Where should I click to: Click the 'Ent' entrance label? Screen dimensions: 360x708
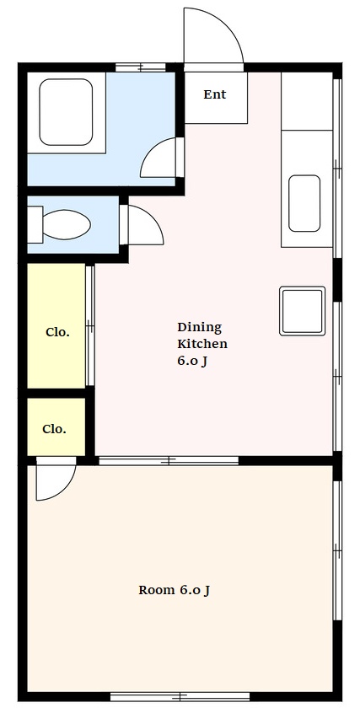pos(214,94)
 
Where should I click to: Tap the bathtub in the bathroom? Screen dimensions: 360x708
pos(66,112)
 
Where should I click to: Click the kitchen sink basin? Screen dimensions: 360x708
pos(304,203)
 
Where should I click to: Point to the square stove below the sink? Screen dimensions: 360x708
pos(302,311)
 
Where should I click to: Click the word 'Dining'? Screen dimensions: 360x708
pos(199,327)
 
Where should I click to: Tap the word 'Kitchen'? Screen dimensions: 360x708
pos(201,344)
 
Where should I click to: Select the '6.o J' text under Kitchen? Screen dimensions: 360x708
pos(192,362)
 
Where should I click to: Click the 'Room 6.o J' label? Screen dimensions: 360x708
pos(174,590)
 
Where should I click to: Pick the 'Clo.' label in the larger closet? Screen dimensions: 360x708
pos(58,332)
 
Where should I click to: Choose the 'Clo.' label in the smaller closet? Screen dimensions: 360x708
pos(54,429)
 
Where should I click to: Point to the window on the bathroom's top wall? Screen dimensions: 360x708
pos(141,67)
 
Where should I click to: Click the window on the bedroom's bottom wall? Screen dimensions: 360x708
pos(180,696)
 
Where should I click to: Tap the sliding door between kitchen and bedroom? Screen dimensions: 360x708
pos(169,460)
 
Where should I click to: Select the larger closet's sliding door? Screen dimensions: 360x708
pos(90,325)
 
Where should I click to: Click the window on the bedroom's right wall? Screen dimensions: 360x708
pos(337,550)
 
